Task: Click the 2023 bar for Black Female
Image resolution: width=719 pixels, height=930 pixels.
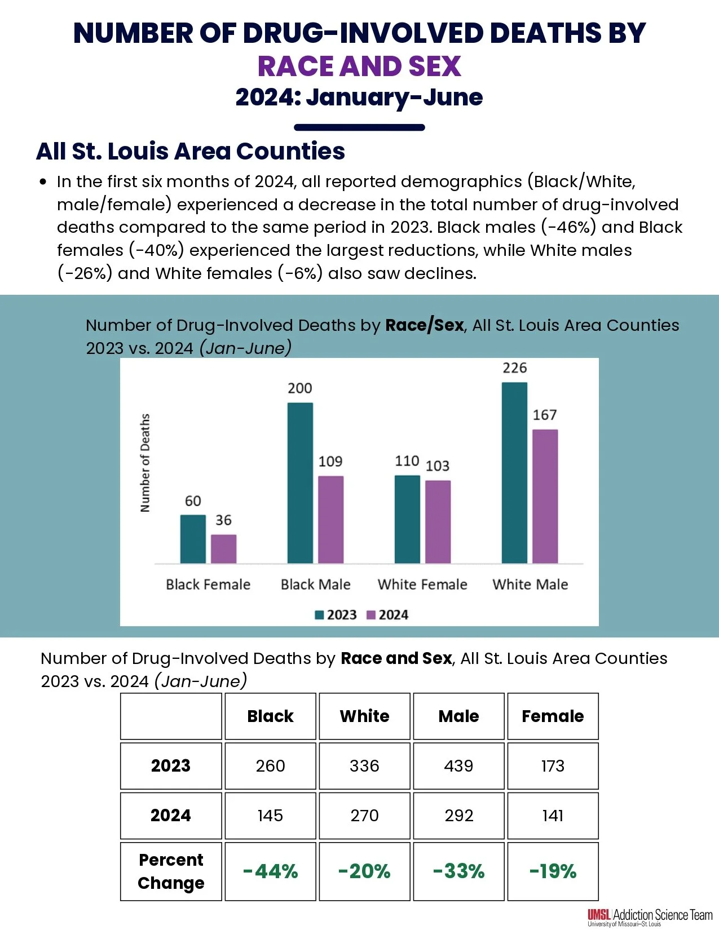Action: click(x=193, y=539)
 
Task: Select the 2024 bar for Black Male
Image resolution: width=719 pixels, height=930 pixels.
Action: click(x=330, y=519)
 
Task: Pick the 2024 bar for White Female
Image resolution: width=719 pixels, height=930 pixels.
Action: click(x=438, y=521)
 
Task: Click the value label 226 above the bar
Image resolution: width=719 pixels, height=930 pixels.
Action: click(x=514, y=368)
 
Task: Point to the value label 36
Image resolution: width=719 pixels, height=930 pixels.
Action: click(x=223, y=520)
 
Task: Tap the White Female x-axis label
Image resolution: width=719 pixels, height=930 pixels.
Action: click(x=422, y=584)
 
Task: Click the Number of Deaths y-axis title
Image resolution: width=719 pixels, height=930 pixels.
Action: click(x=145, y=463)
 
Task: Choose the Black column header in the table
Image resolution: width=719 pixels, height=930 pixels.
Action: click(x=270, y=716)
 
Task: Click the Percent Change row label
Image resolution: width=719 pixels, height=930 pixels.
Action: click(x=171, y=871)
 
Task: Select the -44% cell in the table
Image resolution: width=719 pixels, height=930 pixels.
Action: click(x=270, y=871)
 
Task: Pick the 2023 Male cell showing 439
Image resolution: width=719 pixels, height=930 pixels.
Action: click(x=458, y=765)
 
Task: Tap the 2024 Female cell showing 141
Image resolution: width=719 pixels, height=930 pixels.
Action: click(x=553, y=816)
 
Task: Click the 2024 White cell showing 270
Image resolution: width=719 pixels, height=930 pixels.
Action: click(x=364, y=816)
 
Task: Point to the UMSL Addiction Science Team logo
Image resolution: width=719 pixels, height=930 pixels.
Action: click(x=650, y=916)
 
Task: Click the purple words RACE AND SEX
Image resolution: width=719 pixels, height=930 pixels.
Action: click(x=359, y=66)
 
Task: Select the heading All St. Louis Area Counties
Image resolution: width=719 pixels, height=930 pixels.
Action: click(x=191, y=151)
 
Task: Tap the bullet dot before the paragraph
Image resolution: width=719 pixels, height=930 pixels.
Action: click(x=43, y=182)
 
